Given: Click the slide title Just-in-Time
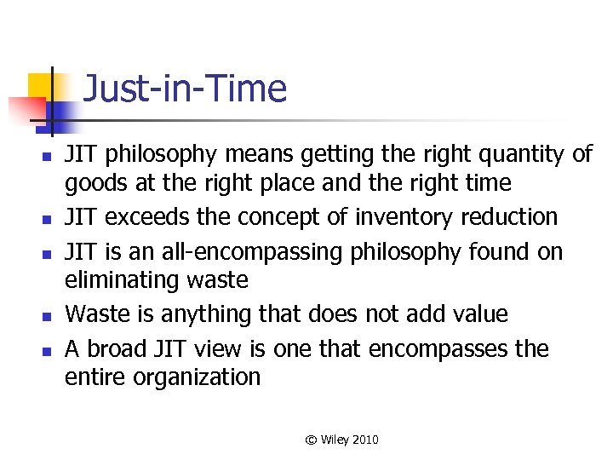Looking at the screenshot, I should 186,89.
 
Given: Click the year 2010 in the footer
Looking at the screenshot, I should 364,440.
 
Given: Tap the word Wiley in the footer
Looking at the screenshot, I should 334,440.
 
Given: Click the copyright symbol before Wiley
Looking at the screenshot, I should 312,440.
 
